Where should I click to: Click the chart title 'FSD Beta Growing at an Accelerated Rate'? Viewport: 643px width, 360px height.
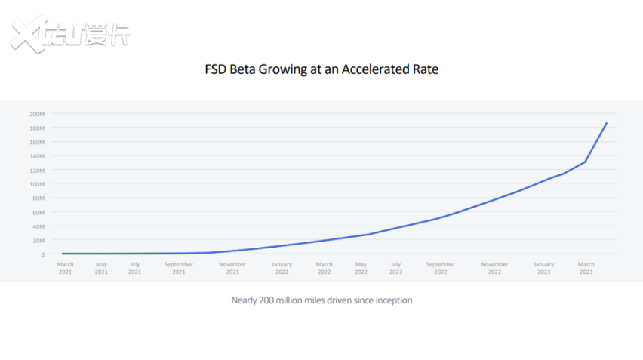point(321,69)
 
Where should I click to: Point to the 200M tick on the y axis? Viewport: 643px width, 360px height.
point(38,114)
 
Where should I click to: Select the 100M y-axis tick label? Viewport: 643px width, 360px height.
point(38,184)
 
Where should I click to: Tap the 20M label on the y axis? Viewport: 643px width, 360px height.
point(38,240)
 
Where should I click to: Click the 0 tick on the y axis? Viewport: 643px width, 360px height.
point(44,254)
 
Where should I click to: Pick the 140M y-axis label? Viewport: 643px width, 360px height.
point(38,156)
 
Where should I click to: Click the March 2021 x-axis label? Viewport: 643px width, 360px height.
point(66,268)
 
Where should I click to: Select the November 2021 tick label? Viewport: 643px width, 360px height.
point(232,268)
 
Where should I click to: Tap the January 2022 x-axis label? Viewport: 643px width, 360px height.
point(282,268)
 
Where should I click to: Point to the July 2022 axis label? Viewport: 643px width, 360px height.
point(395,268)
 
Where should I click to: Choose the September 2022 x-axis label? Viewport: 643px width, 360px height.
point(440,268)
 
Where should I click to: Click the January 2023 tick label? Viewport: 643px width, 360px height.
point(543,268)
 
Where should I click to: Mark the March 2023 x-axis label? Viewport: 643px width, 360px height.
point(586,268)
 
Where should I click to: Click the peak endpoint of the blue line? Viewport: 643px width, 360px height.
point(607,123)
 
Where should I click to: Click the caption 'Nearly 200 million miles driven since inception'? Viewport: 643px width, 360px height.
point(321,300)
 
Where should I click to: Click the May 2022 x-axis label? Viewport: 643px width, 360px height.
point(361,268)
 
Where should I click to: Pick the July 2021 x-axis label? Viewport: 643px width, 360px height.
point(134,268)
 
